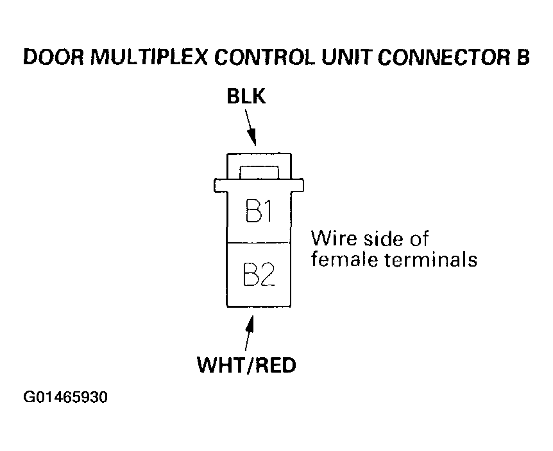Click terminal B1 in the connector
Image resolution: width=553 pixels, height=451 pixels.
pos(258,211)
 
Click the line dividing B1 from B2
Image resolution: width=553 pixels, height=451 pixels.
pos(258,242)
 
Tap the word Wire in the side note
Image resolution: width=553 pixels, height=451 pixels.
pos(331,239)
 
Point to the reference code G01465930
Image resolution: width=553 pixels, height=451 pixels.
pos(65,398)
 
